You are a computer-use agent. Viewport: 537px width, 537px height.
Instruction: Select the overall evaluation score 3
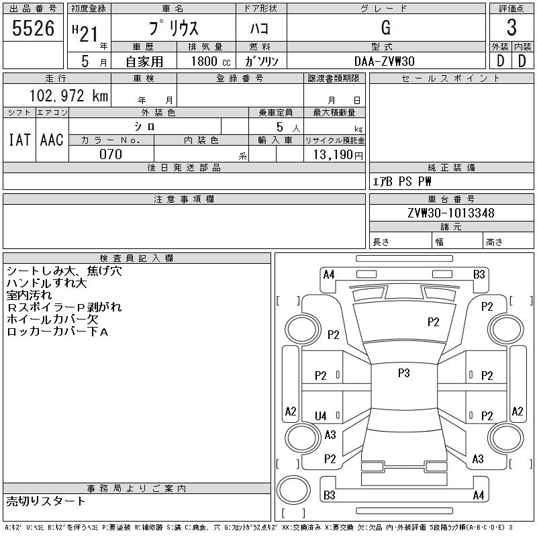[x=511, y=28]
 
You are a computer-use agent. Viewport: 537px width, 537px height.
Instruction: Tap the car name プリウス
[x=173, y=28]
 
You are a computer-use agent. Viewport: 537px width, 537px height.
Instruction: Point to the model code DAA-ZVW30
[x=385, y=61]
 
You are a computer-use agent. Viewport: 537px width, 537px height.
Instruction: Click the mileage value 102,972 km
[x=67, y=96]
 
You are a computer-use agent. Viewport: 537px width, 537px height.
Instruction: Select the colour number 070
[x=111, y=154]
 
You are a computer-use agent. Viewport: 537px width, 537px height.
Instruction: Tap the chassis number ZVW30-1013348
[x=451, y=213]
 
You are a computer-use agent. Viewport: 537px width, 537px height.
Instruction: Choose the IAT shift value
[x=19, y=140]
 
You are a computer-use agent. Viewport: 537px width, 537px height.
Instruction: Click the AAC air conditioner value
[x=52, y=140]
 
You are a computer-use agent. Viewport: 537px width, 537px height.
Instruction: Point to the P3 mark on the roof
[x=403, y=373]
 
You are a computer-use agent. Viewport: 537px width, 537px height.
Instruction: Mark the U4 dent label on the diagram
[x=321, y=416]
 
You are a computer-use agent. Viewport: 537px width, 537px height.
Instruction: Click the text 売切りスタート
[x=46, y=501]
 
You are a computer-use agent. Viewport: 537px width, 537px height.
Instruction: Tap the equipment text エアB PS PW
[x=402, y=182]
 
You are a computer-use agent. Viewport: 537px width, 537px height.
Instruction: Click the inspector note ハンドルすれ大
[x=47, y=284]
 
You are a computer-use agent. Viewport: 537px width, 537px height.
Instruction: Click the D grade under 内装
[x=522, y=60]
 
